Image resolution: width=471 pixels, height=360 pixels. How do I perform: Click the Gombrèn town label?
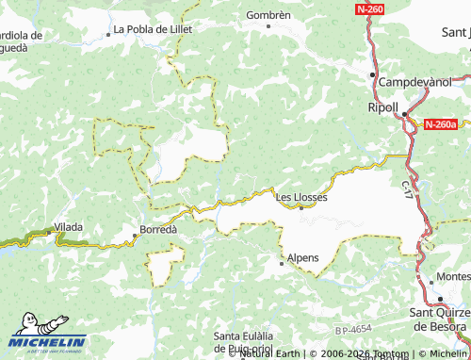pos(268,15)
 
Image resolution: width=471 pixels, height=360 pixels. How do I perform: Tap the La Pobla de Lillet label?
pos(154,29)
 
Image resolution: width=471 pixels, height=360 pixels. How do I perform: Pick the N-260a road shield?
pos(440,123)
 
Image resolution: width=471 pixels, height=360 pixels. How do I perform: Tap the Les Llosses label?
pos(300,197)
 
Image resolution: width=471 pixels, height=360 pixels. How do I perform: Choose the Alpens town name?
pos(302,257)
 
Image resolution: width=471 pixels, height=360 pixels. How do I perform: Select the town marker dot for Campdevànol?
pos(373,74)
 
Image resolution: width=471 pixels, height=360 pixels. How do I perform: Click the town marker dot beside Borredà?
pos(136,237)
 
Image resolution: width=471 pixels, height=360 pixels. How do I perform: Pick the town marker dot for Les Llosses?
pos(300,208)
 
